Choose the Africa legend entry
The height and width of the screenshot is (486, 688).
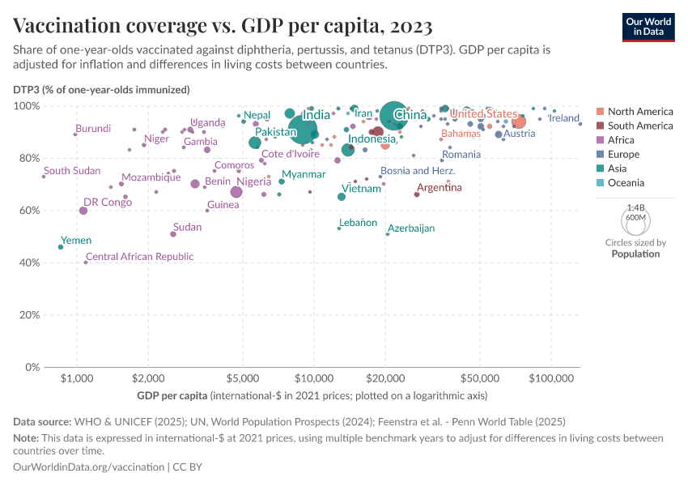[x=621, y=140]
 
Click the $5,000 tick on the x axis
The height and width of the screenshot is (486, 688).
[x=242, y=379]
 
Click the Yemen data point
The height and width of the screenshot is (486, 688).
[x=61, y=247]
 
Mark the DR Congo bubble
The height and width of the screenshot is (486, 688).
[x=83, y=211]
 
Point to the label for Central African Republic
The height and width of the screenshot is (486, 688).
[x=139, y=257]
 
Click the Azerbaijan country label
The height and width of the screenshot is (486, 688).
[x=411, y=228]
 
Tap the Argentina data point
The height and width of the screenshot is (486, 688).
[x=417, y=194]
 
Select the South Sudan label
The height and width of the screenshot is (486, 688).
[x=72, y=171]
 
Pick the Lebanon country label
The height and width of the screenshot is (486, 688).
[x=358, y=222]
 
